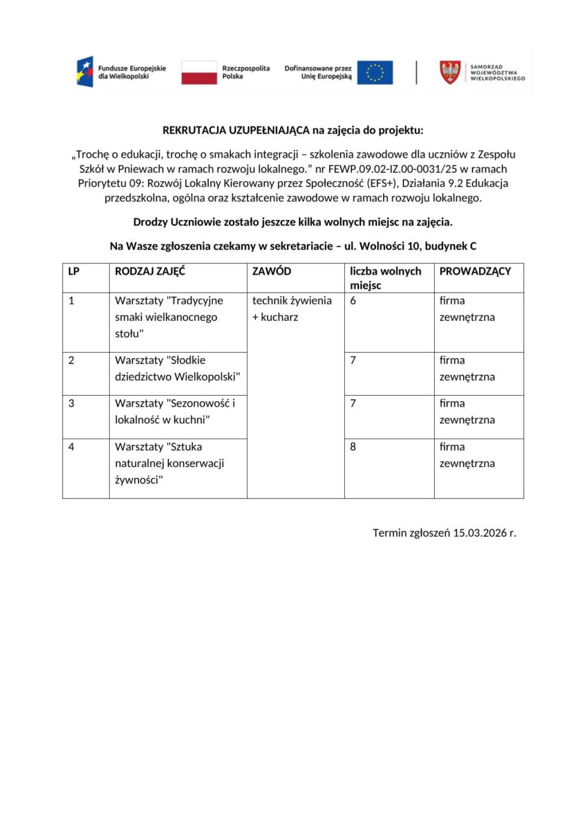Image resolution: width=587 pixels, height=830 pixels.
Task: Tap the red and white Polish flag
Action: click(x=199, y=72)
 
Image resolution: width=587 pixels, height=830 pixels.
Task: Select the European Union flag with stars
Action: click(x=375, y=72)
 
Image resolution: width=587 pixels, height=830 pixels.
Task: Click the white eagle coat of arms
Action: click(x=450, y=72)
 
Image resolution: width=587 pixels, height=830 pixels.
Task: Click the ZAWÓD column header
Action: click(x=272, y=271)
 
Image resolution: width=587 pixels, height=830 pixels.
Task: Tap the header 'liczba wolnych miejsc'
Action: click(x=385, y=278)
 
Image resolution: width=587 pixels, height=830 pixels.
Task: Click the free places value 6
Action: click(x=353, y=301)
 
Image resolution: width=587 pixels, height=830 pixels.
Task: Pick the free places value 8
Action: click(x=353, y=447)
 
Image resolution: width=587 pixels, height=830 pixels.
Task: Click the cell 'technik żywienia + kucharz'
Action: click(x=291, y=309)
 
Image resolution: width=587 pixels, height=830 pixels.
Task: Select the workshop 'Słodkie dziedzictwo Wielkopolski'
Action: click(x=177, y=369)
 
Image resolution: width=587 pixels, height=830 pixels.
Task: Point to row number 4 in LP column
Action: click(x=71, y=447)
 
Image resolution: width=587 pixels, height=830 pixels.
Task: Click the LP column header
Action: click(x=73, y=271)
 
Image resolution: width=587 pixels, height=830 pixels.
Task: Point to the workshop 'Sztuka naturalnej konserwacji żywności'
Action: click(x=169, y=463)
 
